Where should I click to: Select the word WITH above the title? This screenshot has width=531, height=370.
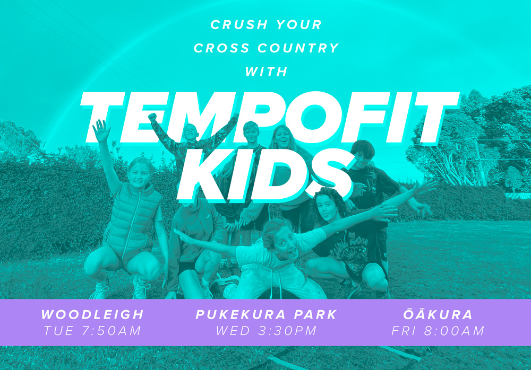[x=265, y=72]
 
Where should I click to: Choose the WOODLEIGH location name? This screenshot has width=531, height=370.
[x=92, y=314]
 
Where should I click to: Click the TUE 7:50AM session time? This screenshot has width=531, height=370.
[x=92, y=331]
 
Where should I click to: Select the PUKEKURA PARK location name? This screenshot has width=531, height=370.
[x=266, y=314]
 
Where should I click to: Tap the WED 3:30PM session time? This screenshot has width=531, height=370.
[x=266, y=331]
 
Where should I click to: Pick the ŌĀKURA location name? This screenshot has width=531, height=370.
[x=438, y=314]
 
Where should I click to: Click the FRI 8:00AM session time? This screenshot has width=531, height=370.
[x=438, y=331]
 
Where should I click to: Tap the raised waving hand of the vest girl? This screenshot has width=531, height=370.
[x=100, y=131]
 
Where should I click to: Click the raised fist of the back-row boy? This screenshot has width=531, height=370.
[x=153, y=117]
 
